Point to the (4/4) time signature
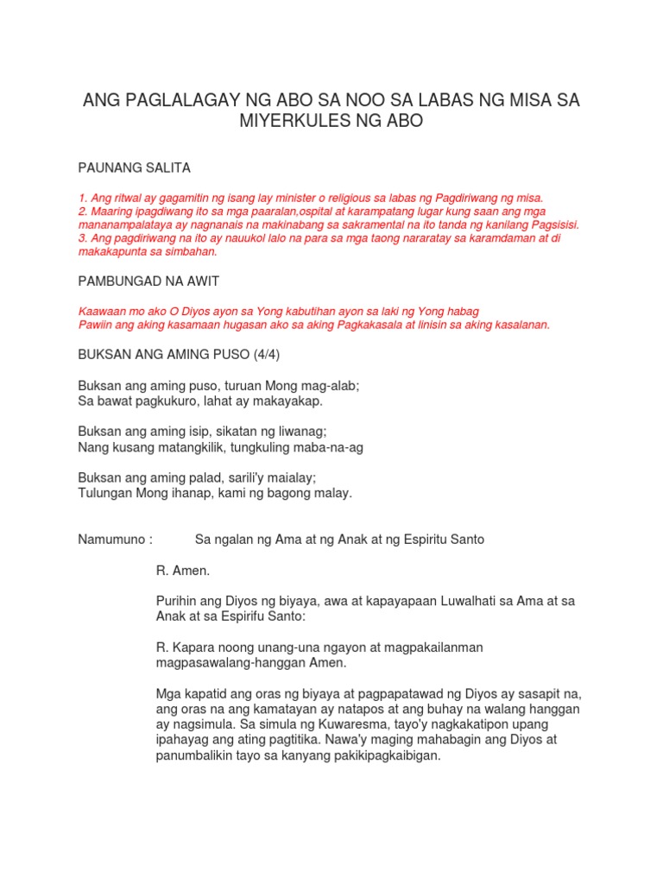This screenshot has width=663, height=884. point(262,355)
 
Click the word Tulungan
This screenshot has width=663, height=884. point(106,493)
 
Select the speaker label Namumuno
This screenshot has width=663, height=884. point(114,540)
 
